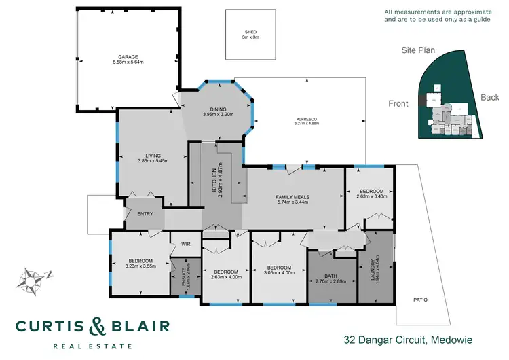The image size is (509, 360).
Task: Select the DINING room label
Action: tap(218, 109)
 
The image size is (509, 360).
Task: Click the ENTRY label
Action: tap(145, 214)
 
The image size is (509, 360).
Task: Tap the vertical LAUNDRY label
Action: tap(372, 267)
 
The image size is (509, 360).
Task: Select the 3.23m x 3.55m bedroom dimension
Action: tap(141, 267)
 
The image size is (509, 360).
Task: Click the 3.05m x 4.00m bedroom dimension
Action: tap(279, 273)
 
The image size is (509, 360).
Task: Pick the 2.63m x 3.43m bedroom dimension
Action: tap(371, 197)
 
